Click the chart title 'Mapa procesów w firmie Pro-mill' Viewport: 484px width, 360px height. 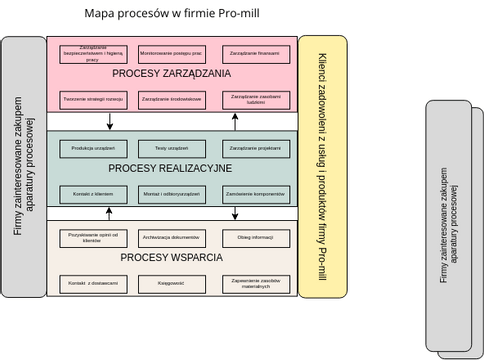click(x=171, y=14)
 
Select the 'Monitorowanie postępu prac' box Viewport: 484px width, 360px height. click(x=172, y=53)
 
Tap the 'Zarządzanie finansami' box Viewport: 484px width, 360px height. click(x=256, y=53)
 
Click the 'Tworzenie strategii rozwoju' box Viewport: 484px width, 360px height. click(x=93, y=100)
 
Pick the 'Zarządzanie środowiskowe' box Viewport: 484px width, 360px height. click(x=172, y=100)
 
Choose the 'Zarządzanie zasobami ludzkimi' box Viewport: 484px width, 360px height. click(x=256, y=100)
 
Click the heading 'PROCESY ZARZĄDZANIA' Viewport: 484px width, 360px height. click(x=171, y=74)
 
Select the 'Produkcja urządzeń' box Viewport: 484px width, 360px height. click(x=93, y=148)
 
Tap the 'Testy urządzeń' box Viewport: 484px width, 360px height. click(x=172, y=148)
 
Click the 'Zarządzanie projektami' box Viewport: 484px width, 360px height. click(x=256, y=148)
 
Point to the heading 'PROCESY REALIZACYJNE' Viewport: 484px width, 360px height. click(x=171, y=169)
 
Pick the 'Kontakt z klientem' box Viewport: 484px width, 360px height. click(x=93, y=192)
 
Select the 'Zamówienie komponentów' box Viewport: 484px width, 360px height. click(x=256, y=192)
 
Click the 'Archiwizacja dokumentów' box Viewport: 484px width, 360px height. click(x=172, y=238)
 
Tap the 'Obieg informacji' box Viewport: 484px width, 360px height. click(x=256, y=238)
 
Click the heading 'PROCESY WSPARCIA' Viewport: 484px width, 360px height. click(x=171, y=258)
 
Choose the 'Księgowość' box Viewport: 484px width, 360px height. click(x=172, y=284)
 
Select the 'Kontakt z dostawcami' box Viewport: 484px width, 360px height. click(x=93, y=284)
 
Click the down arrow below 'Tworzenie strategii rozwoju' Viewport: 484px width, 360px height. click(x=109, y=121)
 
